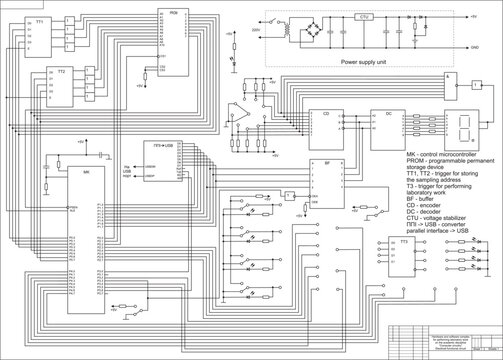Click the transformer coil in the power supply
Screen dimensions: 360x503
tap(291, 31)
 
